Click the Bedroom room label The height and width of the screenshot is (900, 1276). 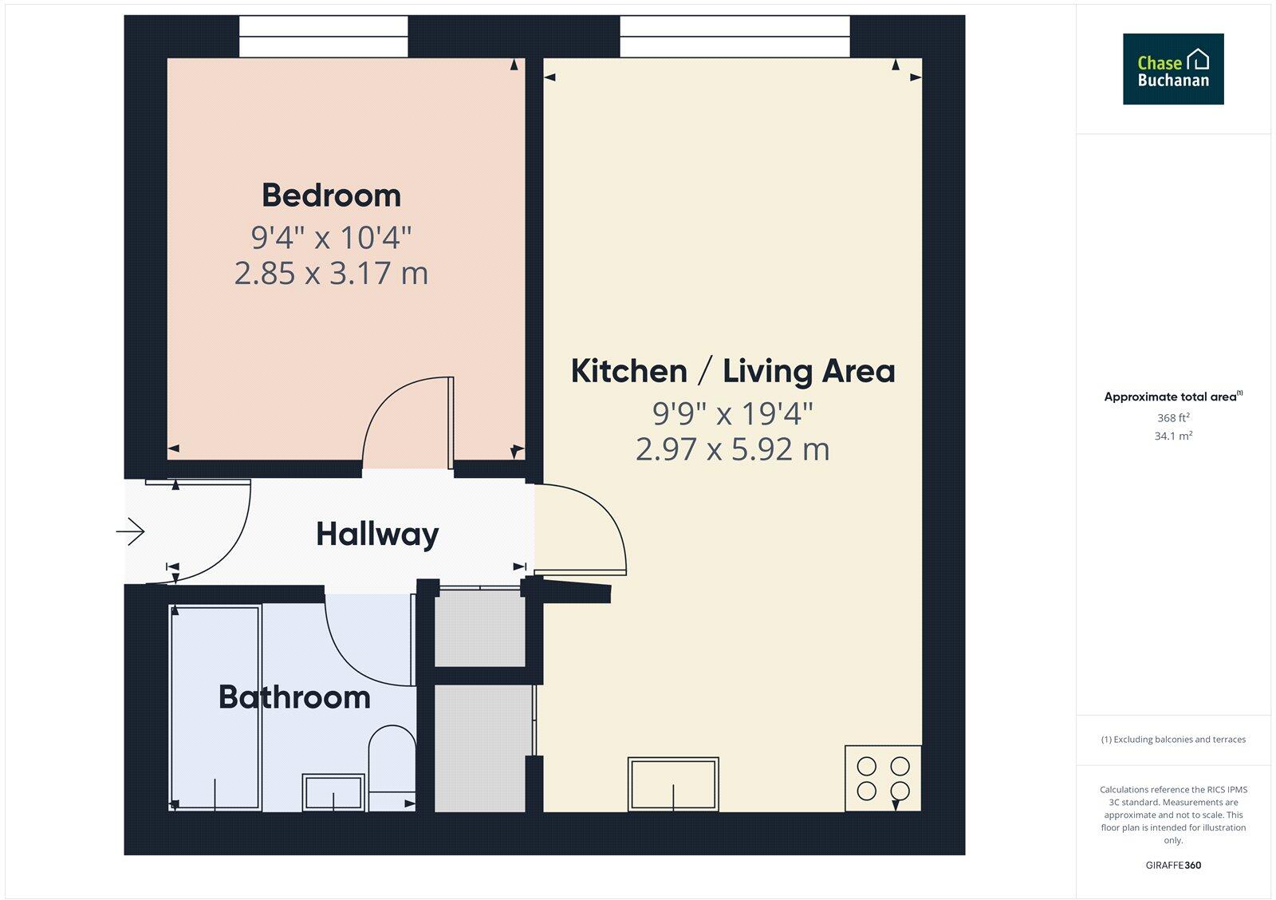coord(331,195)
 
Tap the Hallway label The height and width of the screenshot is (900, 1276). coord(377,534)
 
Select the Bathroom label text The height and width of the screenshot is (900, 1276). coord(294,697)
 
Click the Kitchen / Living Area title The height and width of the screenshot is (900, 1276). coord(733,371)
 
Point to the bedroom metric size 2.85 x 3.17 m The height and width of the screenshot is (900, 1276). coord(331,273)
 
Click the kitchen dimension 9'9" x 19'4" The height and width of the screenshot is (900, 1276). coord(733,413)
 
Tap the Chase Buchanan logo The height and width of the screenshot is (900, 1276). coord(1173,69)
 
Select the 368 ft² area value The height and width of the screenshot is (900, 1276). coord(1173,418)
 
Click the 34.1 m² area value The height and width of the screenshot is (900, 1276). coord(1173,436)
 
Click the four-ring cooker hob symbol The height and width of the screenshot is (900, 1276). coord(883,778)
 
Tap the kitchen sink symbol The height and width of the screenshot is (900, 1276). coord(673,784)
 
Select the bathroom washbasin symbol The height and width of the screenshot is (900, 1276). coord(333,792)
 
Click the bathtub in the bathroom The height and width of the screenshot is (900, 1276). coord(216,708)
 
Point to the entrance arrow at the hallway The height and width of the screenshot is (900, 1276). coord(132,531)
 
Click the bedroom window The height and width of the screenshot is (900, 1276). coord(324,37)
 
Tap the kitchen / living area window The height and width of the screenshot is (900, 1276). coord(734,37)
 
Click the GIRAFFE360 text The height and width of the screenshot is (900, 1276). coord(1173,865)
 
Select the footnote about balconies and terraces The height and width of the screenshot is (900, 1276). coord(1173,740)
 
